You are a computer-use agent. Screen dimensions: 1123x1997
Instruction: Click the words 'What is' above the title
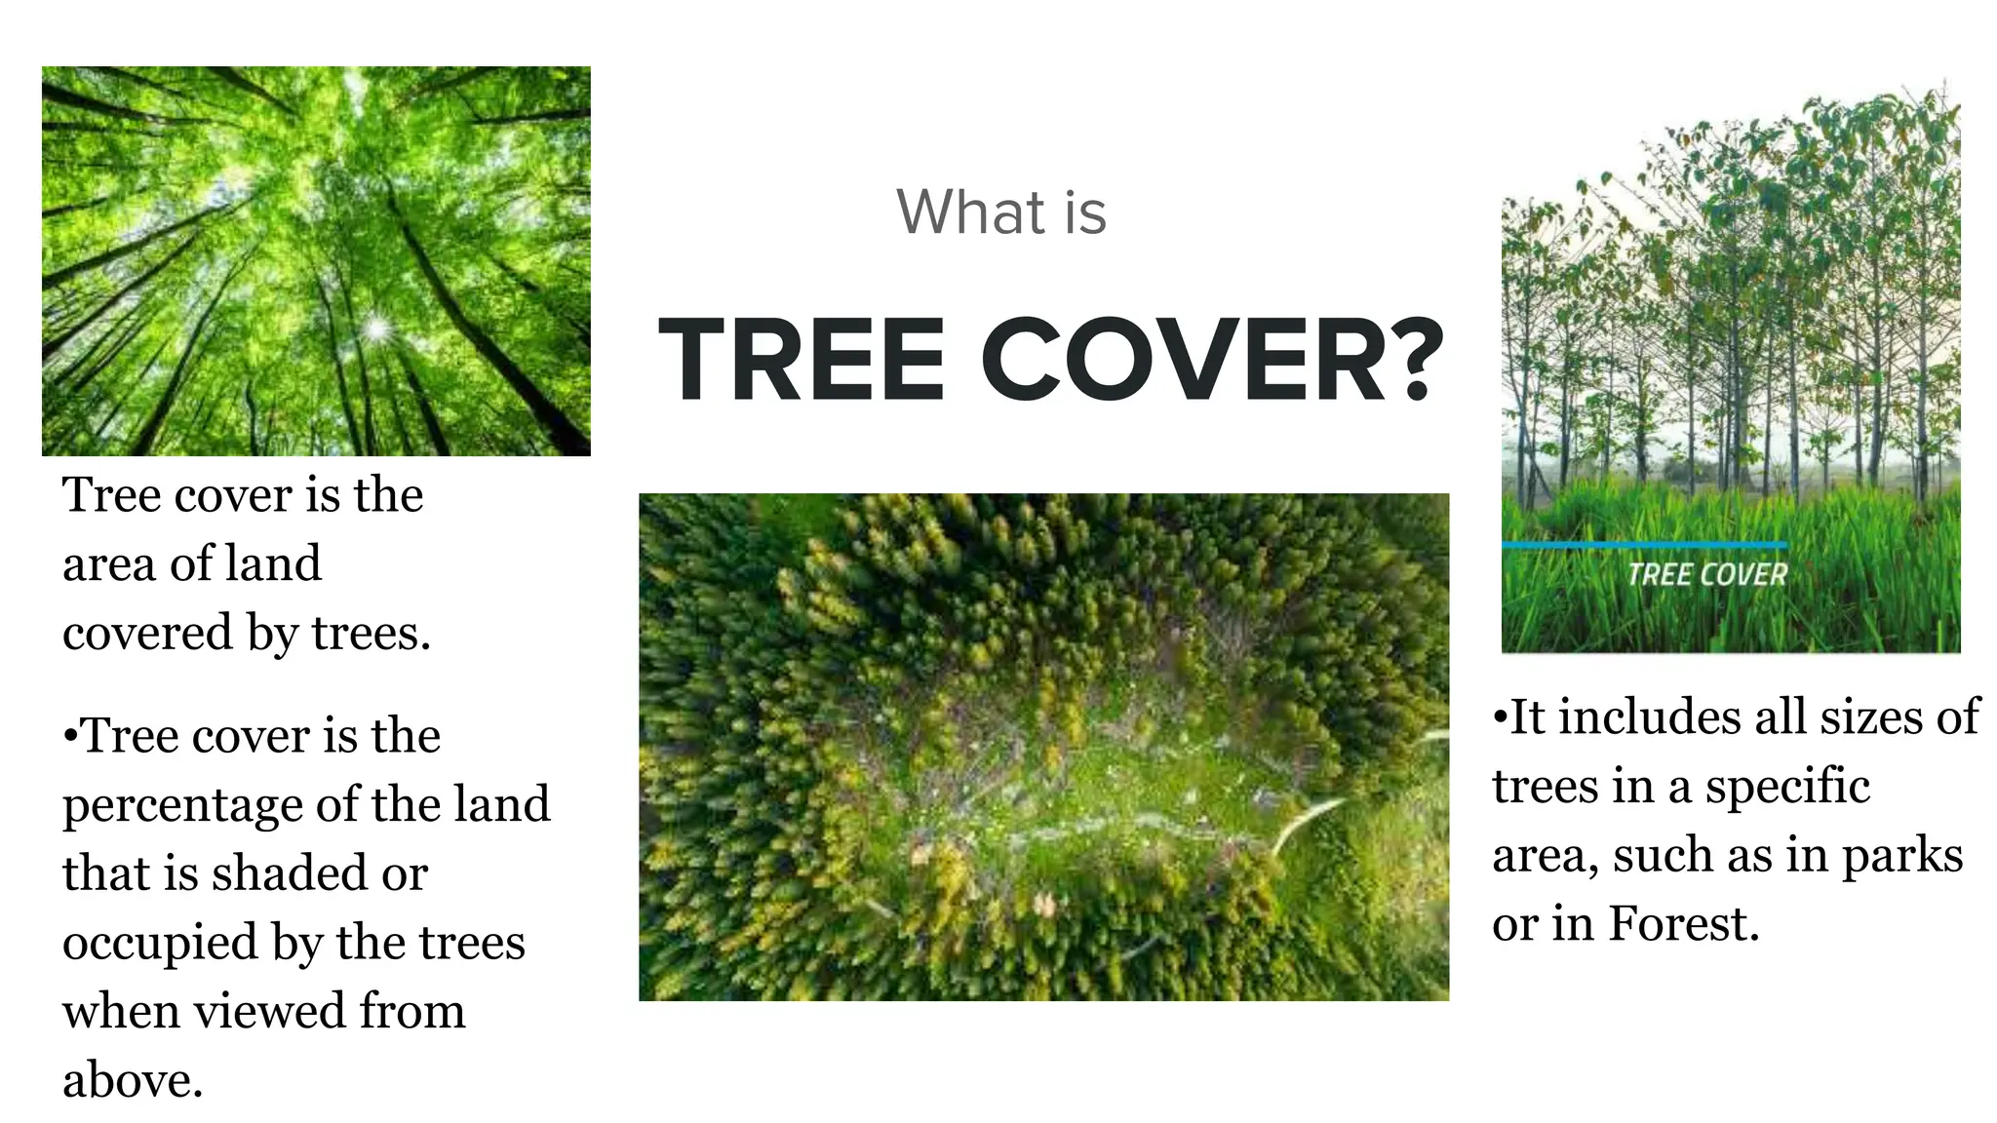tap(1001, 212)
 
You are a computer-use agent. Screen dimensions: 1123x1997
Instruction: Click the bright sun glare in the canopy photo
tap(375, 329)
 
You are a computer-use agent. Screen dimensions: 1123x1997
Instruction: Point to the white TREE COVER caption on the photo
tap(1706, 574)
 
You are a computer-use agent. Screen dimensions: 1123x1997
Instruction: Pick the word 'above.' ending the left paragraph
tap(133, 1080)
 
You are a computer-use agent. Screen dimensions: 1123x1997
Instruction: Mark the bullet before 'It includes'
tap(1500, 717)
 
